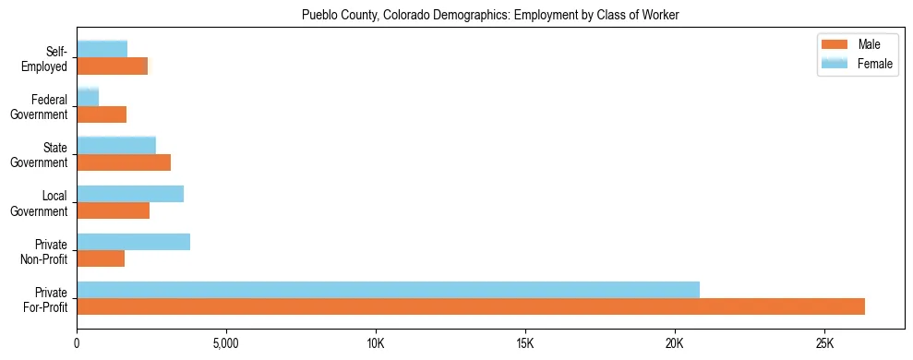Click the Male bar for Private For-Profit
coord(471,306)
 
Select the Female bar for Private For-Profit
coord(388,290)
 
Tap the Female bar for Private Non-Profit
coord(133,242)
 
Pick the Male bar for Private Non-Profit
coord(101,258)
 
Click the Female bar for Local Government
coord(130,194)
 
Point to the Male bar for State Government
coord(124,162)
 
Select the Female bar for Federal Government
coord(88,97)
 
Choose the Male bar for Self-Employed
coord(112,66)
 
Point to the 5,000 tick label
coord(226,343)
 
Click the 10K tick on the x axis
coord(376,343)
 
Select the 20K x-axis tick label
coord(675,343)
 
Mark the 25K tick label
coord(824,343)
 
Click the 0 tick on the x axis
coord(77,343)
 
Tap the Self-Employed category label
coord(45,58)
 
